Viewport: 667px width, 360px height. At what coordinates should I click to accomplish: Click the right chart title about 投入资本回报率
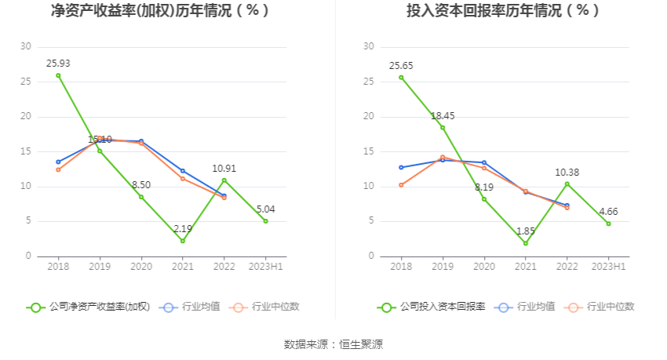[x=503, y=11]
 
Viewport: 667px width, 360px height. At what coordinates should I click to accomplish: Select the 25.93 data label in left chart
[x=58, y=63]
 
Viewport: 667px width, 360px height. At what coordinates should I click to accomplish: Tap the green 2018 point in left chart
[x=58, y=75]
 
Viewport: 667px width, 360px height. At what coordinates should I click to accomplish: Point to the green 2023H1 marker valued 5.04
[x=265, y=221]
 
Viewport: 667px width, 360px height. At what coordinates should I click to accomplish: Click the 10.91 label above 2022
[x=224, y=168]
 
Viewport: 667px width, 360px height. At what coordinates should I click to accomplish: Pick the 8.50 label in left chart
[x=141, y=184]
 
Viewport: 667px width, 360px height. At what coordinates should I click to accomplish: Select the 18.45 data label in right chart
[x=442, y=115]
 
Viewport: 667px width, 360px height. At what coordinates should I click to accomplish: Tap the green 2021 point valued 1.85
[x=525, y=243]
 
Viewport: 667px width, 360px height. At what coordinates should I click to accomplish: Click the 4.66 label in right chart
[x=608, y=211]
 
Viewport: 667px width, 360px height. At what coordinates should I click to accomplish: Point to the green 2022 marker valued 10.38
[x=567, y=184]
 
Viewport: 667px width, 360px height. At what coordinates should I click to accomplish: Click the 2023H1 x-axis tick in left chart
[x=265, y=267]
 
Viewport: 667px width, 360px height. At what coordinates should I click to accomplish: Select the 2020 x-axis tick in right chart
[x=483, y=267]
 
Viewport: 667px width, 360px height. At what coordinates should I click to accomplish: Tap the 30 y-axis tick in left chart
[x=27, y=46]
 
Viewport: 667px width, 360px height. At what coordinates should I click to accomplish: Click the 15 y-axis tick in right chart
[x=369, y=151]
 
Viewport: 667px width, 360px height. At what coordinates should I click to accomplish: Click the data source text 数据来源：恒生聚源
[x=333, y=344]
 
